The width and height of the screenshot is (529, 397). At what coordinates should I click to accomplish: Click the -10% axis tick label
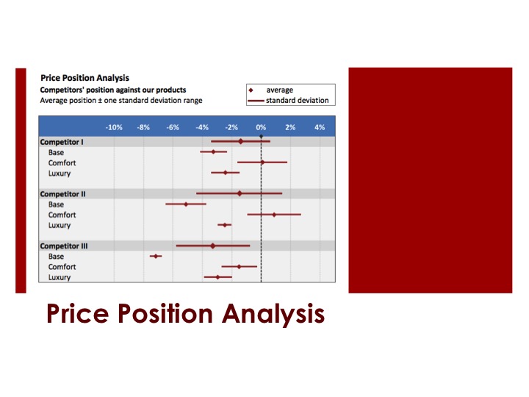pyautogui.click(x=114, y=127)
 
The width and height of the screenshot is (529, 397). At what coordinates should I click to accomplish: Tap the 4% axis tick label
pyautogui.click(x=320, y=127)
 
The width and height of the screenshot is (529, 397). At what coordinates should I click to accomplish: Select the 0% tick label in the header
pyautogui.click(x=261, y=127)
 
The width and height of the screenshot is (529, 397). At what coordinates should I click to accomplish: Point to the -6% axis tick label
pyautogui.click(x=173, y=127)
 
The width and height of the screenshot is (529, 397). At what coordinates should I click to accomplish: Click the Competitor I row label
pyautogui.click(x=62, y=141)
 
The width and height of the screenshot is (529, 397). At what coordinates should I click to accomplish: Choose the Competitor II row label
pyautogui.click(x=62, y=193)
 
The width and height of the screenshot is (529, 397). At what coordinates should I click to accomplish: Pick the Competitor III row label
pyautogui.click(x=64, y=246)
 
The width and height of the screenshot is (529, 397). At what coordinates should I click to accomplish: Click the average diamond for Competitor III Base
pyautogui.click(x=156, y=256)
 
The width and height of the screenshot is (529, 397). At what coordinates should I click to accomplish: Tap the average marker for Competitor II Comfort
pyautogui.click(x=274, y=215)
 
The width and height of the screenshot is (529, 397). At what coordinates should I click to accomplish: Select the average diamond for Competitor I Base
pyautogui.click(x=214, y=151)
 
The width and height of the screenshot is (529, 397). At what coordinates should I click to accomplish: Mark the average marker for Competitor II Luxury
pyautogui.click(x=225, y=225)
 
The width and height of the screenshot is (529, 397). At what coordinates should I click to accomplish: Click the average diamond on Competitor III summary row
pyautogui.click(x=213, y=246)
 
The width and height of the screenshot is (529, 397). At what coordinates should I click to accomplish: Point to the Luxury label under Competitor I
pyautogui.click(x=60, y=174)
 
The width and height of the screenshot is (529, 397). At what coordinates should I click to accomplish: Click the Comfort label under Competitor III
pyautogui.click(x=62, y=267)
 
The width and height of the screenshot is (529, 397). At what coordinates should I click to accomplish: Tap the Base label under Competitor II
pyautogui.click(x=56, y=204)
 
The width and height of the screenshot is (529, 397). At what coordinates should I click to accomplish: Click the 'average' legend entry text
pyautogui.click(x=279, y=90)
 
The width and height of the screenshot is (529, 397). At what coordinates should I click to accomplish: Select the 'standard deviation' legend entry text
pyautogui.click(x=297, y=100)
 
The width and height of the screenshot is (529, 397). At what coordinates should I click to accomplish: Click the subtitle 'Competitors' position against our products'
pyautogui.click(x=112, y=90)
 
